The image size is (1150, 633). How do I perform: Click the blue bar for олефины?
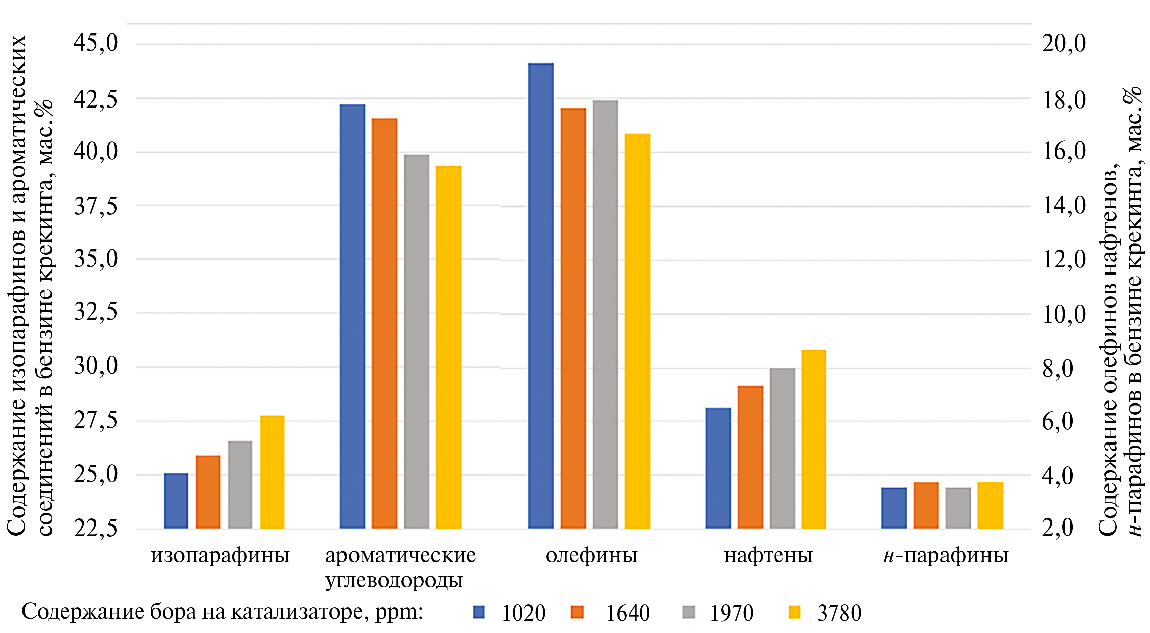pos(541,296)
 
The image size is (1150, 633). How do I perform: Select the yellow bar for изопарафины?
pos(272,472)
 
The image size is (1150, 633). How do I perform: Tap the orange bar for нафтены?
pos(750,457)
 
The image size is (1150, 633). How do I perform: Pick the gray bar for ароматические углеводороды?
pos(416,341)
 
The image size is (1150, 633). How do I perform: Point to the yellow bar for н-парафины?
pos(990,505)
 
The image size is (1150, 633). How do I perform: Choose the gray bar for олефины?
pos(605,314)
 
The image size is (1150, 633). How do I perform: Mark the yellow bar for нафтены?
pos(814,439)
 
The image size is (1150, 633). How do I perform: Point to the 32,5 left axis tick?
pos(96,312)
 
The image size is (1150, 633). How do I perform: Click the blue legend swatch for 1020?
pos(479,611)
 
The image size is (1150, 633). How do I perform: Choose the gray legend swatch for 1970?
pos(689,611)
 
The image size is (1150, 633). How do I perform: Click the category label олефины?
pos(592,556)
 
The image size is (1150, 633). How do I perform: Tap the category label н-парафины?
pos(946,556)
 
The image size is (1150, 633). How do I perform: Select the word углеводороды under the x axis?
pos(394,580)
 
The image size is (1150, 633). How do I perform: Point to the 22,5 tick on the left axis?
pos(96,529)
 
